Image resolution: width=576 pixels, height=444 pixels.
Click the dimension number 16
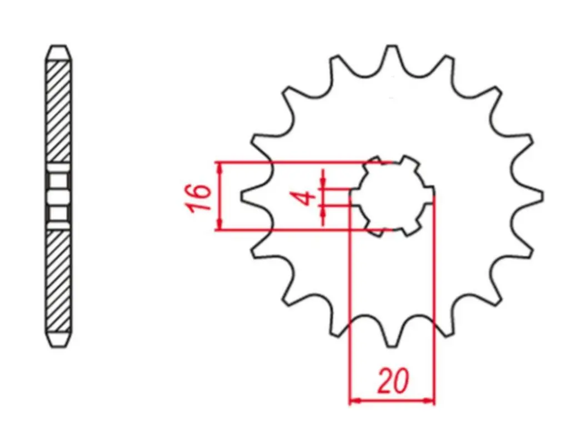(199, 198)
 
